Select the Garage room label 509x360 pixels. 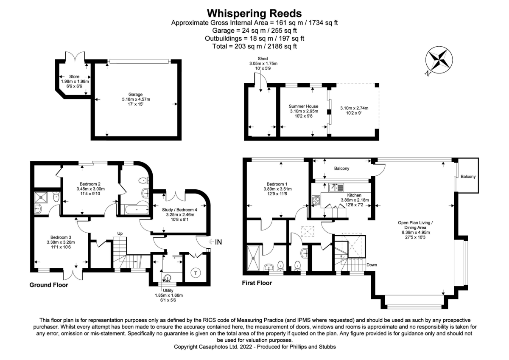[x=136, y=94]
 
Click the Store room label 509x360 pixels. [x=74, y=76]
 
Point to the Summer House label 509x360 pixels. [x=303, y=106]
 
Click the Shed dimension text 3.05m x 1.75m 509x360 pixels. [x=263, y=64]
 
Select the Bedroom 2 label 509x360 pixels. [x=90, y=184]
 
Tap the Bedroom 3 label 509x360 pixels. [x=61, y=237]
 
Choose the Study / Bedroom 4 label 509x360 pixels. [x=179, y=210]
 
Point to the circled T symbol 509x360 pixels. [x=196, y=272]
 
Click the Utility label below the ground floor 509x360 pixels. [x=168, y=290]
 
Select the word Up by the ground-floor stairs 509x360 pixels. [x=120, y=233]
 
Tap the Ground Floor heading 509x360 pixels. [x=48, y=285]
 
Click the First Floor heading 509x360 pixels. [x=257, y=283]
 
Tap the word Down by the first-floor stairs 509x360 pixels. [x=372, y=264]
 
